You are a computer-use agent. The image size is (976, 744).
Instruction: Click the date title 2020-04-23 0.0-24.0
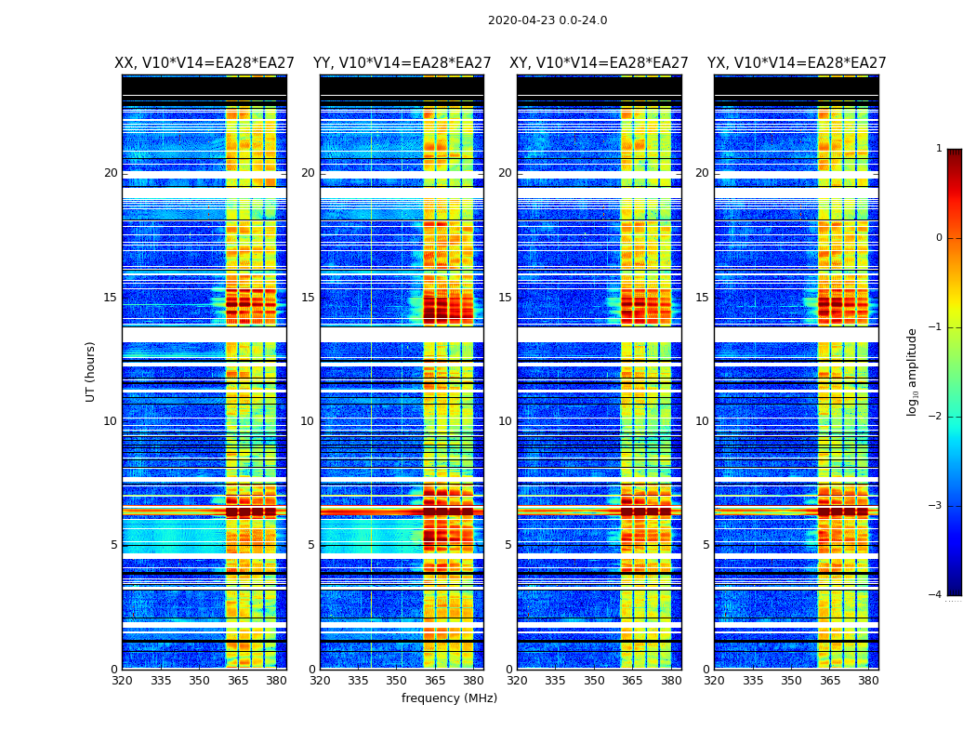[547, 20]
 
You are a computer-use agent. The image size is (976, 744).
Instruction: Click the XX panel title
[204, 63]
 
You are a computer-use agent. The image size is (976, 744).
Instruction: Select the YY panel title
[402, 63]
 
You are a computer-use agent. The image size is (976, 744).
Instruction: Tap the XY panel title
[599, 63]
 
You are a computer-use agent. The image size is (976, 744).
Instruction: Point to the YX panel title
[797, 63]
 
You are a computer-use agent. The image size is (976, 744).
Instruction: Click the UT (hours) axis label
[91, 371]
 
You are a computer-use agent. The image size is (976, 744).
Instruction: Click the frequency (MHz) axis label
[449, 698]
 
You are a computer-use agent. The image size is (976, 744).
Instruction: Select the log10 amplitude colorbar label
[913, 371]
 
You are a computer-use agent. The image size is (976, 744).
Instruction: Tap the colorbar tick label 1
[938, 149]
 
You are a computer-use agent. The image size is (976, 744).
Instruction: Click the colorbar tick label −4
[935, 595]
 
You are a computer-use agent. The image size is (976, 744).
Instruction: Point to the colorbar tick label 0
[938, 238]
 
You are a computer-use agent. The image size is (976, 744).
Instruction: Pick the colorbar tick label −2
[935, 417]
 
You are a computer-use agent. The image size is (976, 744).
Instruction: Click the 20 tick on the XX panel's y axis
[111, 173]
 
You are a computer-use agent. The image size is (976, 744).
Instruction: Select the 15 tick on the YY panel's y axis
[309, 298]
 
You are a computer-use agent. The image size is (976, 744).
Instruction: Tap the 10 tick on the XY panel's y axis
[506, 421]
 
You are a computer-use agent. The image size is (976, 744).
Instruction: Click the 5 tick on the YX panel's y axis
[706, 545]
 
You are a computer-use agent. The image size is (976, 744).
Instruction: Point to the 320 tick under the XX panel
[122, 681]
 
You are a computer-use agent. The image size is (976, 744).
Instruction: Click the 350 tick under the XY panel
[594, 681]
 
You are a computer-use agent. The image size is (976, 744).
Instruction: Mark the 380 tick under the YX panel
[868, 681]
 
